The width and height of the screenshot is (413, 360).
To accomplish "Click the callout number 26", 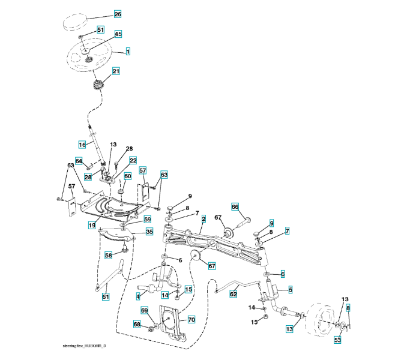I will point(117,14).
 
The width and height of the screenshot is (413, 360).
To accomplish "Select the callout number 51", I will point(100,29).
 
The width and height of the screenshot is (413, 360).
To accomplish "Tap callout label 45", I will point(118,34).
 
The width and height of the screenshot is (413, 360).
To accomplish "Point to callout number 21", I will point(116,71).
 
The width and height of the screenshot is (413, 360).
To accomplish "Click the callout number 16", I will point(82,144).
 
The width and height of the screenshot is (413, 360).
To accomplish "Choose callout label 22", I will point(133,161).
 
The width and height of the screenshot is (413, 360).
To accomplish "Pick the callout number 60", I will point(127,176).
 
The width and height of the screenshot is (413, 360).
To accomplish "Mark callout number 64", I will point(79,161).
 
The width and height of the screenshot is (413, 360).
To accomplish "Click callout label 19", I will point(92,225).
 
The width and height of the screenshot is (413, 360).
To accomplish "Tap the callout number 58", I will point(109,255).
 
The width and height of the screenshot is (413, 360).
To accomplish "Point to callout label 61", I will point(106,296).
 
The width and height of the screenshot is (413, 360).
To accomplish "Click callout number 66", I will point(235,206).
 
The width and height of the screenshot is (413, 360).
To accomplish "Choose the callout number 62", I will point(233,295).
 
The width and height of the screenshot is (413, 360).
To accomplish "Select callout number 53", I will point(337,340).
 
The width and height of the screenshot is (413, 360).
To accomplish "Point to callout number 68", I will point(136,325).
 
